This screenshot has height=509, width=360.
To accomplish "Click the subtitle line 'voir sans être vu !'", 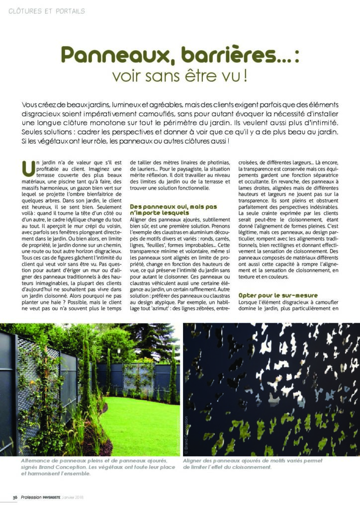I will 180,77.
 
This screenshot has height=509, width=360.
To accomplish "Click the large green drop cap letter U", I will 29,169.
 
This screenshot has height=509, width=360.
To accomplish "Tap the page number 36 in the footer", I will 15,498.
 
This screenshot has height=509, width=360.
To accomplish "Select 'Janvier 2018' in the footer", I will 88,498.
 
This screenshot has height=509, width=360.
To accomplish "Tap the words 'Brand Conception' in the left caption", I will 61,467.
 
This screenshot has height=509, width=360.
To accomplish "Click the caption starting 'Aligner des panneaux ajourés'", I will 253,464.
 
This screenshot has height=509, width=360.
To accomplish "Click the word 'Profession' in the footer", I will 32,498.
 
